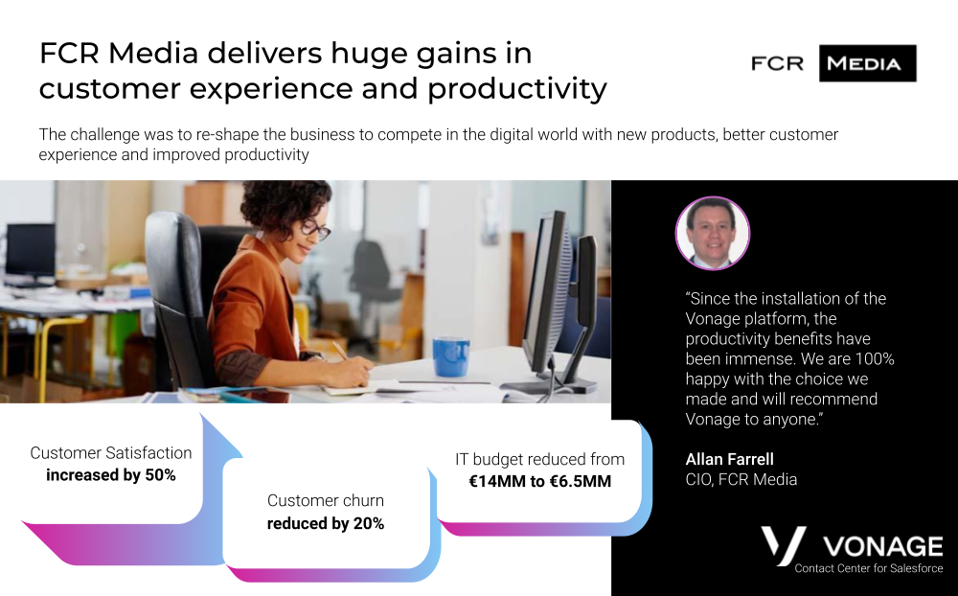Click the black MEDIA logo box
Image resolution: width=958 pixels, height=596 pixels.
(x=867, y=63)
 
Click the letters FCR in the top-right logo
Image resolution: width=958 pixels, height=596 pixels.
(x=777, y=63)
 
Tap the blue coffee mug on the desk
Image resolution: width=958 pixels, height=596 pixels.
(x=451, y=356)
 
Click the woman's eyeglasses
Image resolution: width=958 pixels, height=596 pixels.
(x=314, y=229)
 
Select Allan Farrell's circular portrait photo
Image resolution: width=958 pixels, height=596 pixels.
(x=713, y=233)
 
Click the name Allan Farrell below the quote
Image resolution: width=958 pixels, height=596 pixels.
(x=729, y=459)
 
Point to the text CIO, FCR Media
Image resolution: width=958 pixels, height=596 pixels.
(x=741, y=479)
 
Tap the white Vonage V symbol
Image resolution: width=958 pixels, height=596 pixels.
(x=784, y=545)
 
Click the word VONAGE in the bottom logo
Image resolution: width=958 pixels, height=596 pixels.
(x=883, y=546)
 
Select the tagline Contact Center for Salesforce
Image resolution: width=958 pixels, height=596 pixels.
(x=869, y=568)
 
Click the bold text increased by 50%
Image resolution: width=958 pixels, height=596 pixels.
(x=110, y=475)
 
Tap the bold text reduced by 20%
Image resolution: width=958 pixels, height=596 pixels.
(x=326, y=523)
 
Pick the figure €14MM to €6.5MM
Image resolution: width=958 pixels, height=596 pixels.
(x=540, y=482)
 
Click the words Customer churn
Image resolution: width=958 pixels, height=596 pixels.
(x=326, y=500)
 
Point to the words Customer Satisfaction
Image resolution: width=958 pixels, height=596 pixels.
(x=110, y=453)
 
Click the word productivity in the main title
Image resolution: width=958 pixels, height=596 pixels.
(x=517, y=89)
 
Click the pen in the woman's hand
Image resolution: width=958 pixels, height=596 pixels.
(x=340, y=351)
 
